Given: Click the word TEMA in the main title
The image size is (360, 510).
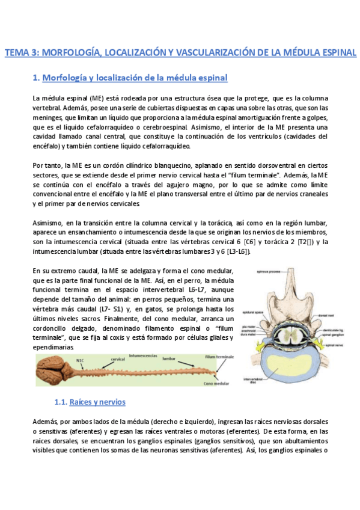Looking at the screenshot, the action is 17,53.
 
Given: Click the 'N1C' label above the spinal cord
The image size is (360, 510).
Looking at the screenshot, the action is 80,360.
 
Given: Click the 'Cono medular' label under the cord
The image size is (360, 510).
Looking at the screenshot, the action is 218,382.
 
